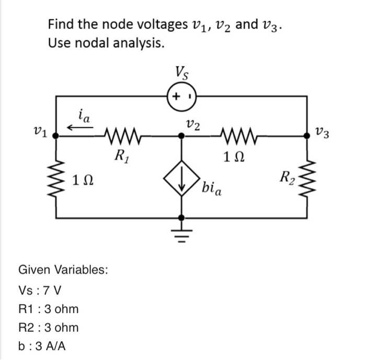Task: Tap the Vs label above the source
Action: pyautogui.click(x=181, y=72)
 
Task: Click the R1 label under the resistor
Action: pyautogui.click(x=121, y=155)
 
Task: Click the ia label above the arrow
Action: pyautogui.click(x=84, y=113)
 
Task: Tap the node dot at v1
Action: pyautogui.click(x=56, y=135)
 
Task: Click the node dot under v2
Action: pyautogui.click(x=181, y=135)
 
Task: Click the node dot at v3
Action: pyautogui.click(x=307, y=135)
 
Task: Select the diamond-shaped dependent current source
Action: pyautogui.click(x=181, y=183)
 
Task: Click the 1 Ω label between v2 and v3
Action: pyautogui.click(x=235, y=156)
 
